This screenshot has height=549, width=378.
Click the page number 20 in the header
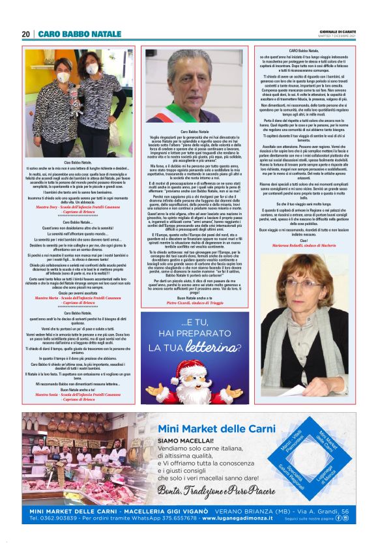(x=25, y=34)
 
